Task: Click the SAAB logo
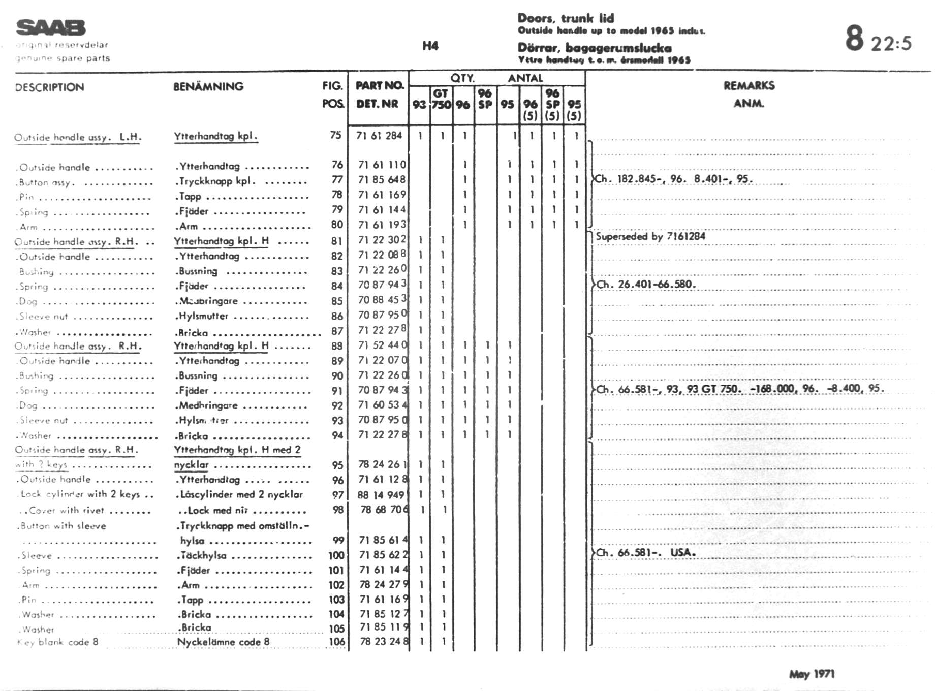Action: click(x=51, y=27)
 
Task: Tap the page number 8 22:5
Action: click(x=878, y=40)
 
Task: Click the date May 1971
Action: click(x=812, y=674)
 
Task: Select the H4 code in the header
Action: click(x=430, y=46)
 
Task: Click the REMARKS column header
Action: click(x=749, y=85)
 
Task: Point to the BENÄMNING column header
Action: click(x=208, y=86)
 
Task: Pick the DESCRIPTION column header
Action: click(x=49, y=87)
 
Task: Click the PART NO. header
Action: click(x=379, y=85)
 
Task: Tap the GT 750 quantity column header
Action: click(x=441, y=99)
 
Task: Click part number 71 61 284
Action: click(x=379, y=136)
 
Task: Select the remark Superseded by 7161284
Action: click(x=650, y=236)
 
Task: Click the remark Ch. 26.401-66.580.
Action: click(x=646, y=285)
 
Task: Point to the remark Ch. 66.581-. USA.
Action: click(x=646, y=553)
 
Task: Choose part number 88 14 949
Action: click(x=381, y=495)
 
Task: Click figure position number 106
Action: click(x=336, y=642)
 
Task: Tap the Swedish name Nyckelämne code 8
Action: click(x=223, y=642)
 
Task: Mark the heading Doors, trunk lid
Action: click(x=566, y=18)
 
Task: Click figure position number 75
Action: click(x=335, y=135)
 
